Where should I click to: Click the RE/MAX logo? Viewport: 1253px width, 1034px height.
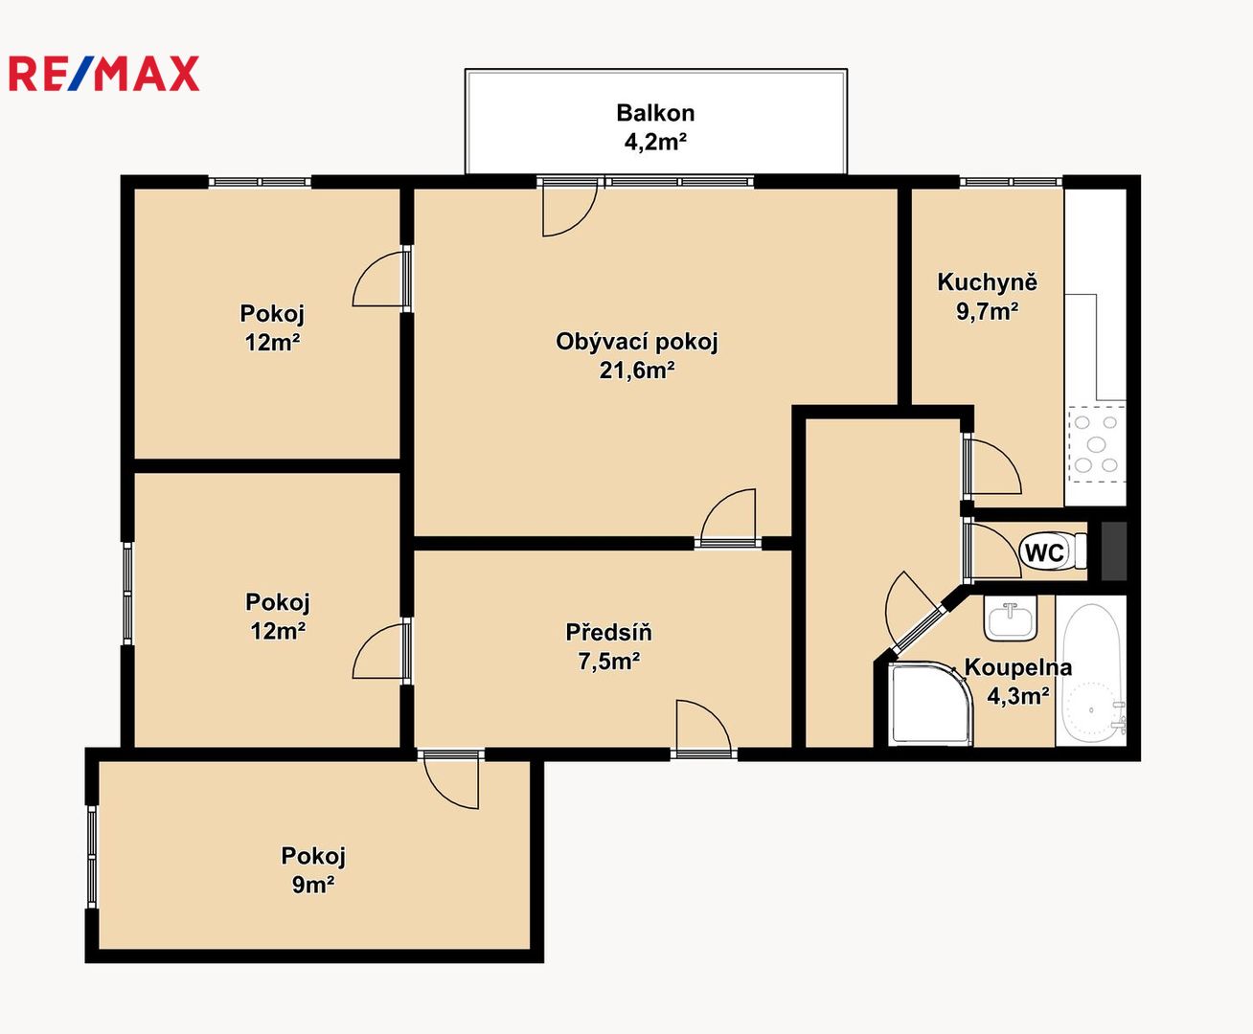[103, 73]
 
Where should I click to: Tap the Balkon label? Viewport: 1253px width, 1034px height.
[655, 113]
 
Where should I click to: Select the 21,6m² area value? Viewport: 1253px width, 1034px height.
[637, 371]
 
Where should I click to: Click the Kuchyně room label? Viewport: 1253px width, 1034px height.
[987, 281]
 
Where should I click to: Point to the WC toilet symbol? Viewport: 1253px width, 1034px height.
[1053, 551]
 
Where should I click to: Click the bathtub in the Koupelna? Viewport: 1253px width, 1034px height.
[1091, 671]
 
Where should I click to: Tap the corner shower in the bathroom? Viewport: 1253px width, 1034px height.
[931, 704]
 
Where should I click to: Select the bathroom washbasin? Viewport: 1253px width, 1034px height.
[1011, 618]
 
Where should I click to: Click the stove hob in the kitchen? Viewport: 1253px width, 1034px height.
[1096, 444]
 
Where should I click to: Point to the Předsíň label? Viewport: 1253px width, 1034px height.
[608, 632]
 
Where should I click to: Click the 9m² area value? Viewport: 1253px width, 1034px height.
[312, 884]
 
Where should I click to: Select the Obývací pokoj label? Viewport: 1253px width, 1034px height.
[637, 341]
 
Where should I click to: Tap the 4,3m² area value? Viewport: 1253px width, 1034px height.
[1017, 696]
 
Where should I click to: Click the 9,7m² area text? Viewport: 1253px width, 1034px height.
[987, 311]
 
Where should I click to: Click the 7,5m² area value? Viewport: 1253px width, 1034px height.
[608, 661]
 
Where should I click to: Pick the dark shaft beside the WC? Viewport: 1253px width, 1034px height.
[1113, 551]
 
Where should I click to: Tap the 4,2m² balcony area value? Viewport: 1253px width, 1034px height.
[655, 142]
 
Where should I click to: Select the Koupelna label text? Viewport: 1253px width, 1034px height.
[1017, 667]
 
